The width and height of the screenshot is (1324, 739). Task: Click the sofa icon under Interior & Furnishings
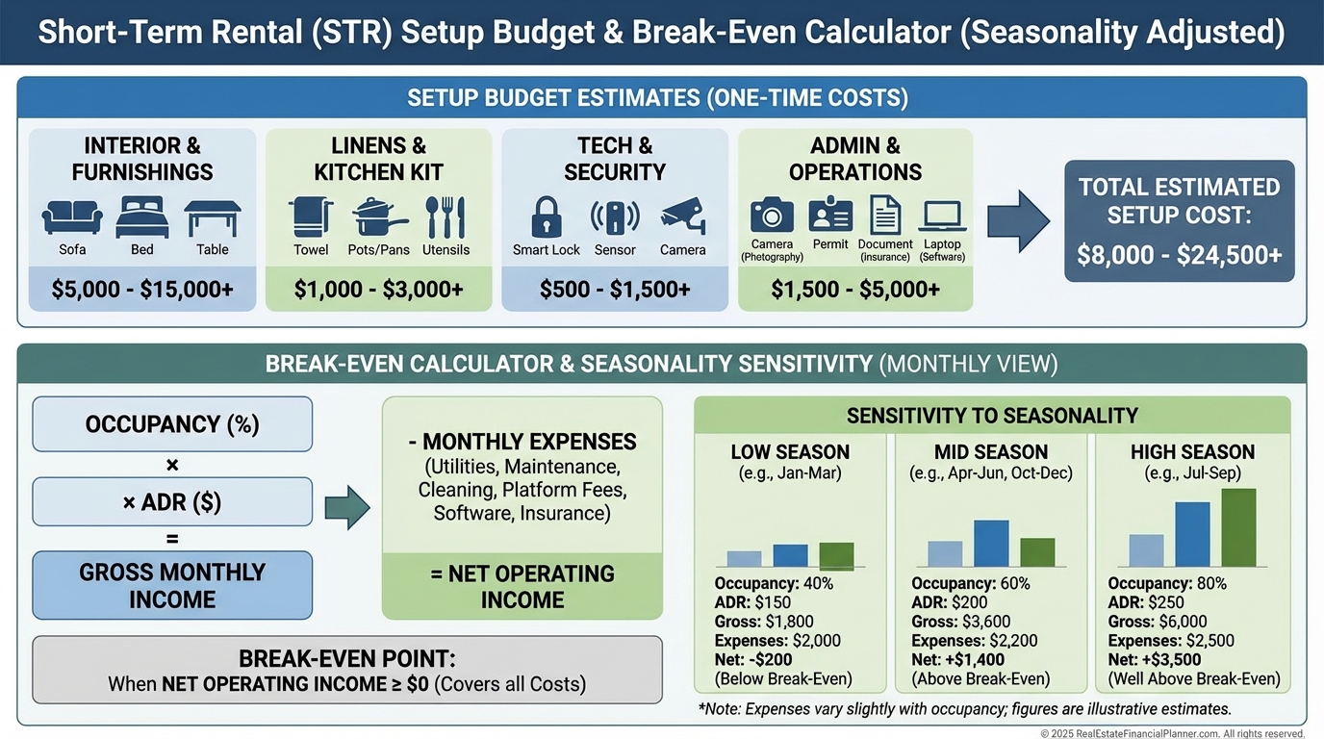(x=72, y=217)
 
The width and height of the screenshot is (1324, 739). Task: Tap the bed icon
(x=141, y=217)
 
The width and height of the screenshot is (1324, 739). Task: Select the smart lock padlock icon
(x=546, y=217)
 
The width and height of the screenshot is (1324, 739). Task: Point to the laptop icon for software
(x=942, y=215)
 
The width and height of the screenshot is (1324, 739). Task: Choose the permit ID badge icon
(x=829, y=215)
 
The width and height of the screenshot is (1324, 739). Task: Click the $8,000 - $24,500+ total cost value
(x=1179, y=256)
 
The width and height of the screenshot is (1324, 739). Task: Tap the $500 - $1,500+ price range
(x=615, y=289)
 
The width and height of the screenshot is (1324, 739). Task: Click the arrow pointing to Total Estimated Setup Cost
(x=1019, y=220)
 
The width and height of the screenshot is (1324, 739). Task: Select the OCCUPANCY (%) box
(x=172, y=424)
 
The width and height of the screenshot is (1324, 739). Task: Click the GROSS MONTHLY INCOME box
(x=172, y=585)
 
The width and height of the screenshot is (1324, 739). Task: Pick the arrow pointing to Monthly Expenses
(x=346, y=507)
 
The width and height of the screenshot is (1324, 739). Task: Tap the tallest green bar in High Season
(x=1238, y=527)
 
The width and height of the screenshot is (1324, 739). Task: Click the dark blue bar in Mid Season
(x=991, y=543)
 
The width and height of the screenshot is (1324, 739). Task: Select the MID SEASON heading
(x=991, y=451)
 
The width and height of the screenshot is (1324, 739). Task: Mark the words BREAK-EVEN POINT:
(x=346, y=659)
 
